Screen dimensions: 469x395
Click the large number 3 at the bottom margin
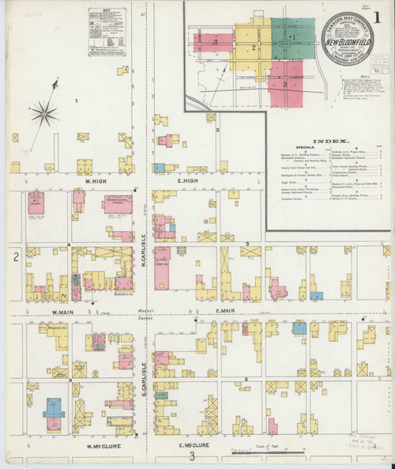click(x=191, y=456)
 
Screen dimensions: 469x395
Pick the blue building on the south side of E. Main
click(x=299, y=327)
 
